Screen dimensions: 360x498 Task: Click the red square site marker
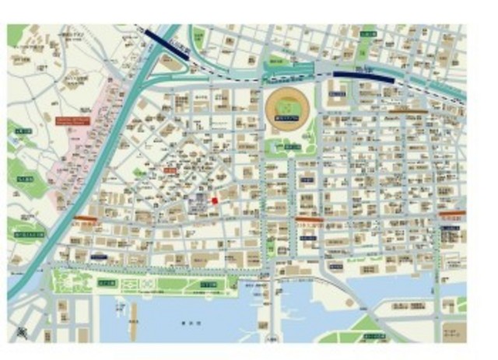click(215, 201)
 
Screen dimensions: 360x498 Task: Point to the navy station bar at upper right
click(364, 75)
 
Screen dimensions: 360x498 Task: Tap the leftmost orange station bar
click(86, 220)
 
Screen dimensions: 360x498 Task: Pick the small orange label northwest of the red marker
click(169, 170)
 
